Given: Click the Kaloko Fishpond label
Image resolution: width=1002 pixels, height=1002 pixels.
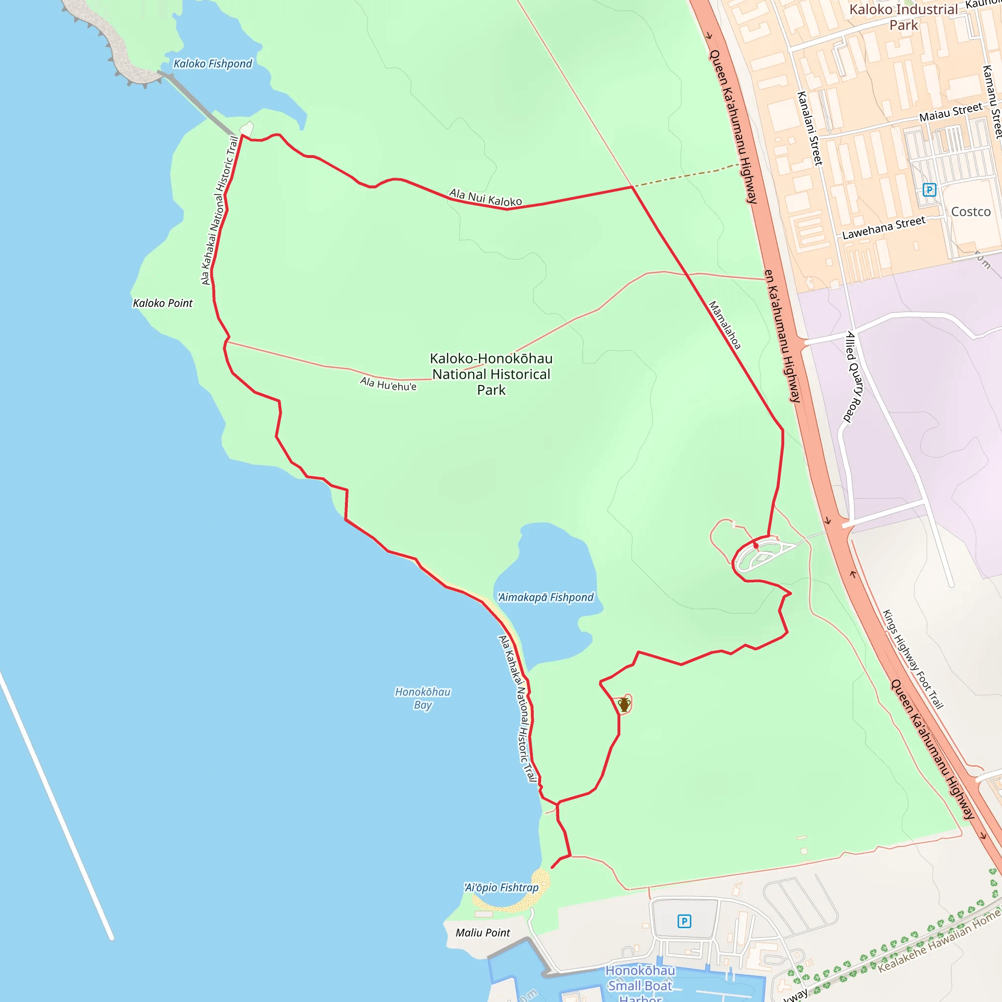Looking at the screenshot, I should pyautogui.click(x=213, y=64).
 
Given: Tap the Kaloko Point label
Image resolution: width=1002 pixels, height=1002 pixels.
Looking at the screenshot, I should pyautogui.click(x=162, y=303).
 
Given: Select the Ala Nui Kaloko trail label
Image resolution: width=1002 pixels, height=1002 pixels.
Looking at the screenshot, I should pyautogui.click(x=485, y=198).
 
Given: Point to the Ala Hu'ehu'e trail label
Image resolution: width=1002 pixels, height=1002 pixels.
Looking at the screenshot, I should pyautogui.click(x=388, y=384).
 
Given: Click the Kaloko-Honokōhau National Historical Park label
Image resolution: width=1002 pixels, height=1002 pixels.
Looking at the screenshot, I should pyautogui.click(x=491, y=374).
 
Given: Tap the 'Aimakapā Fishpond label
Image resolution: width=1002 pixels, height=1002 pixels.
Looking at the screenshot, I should pyautogui.click(x=546, y=597).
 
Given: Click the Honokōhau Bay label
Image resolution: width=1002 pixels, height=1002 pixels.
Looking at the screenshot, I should pyautogui.click(x=423, y=698).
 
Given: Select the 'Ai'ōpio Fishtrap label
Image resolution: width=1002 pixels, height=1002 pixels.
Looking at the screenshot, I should pyautogui.click(x=501, y=888).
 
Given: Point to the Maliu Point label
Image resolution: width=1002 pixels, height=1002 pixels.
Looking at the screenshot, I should pyautogui.click(x=483, y=933).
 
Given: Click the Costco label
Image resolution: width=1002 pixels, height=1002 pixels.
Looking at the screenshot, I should pyautogui.click(x=970, y=211).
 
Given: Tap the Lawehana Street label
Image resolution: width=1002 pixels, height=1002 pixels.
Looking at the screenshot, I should pyautogui.click(x=883, y=228).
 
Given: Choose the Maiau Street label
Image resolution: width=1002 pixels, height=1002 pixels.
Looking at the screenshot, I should pyautogui.click(x=951, y=112).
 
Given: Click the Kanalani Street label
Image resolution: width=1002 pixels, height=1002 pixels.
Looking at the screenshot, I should pyautogui.click(x=810, y=128).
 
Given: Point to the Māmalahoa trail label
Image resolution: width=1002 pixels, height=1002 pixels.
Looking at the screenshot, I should pyautogui.click(x=725, y=325).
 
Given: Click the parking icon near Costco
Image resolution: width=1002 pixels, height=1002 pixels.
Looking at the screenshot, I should pyautogui.click(x=930, y=190).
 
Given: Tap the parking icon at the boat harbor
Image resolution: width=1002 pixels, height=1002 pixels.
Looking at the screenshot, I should pyautogui.click(x=684, y=921).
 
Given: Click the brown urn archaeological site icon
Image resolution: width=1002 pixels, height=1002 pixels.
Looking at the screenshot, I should pyautogui.click(x=624, y=705).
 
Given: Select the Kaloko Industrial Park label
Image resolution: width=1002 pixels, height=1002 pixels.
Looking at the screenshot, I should pyautogui.click(x=904, y=17).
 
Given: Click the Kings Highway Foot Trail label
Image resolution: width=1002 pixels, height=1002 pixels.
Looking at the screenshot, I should pyautogui.click(x=913, y=659).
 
